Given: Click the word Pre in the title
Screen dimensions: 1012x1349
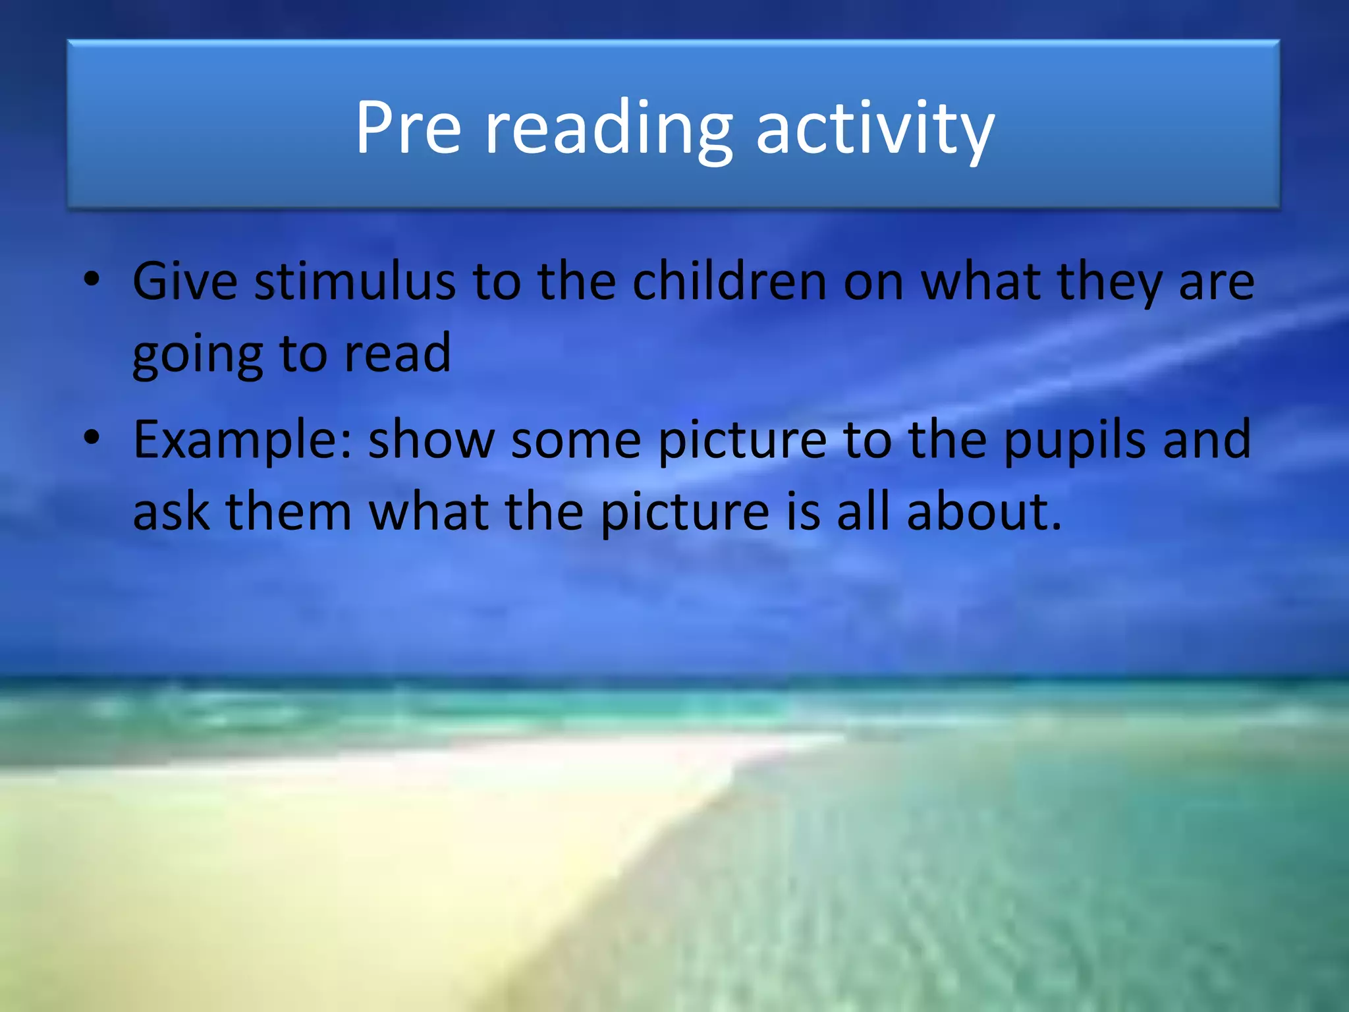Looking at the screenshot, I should [408, 128].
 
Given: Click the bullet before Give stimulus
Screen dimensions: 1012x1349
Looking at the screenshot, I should [92, 279].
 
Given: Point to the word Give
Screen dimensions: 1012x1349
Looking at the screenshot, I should [184, 282].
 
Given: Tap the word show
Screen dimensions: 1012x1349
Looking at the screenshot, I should [431, 440].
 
